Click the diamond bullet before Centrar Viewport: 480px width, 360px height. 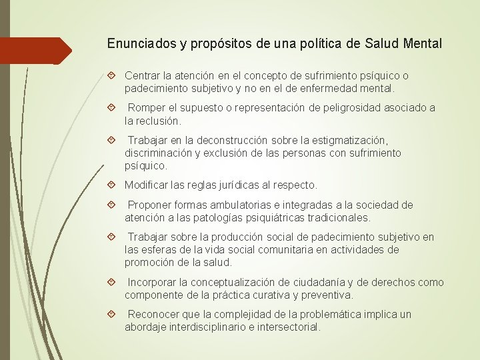112,76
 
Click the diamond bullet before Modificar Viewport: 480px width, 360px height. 112,185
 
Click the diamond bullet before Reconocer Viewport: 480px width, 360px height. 112,314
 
